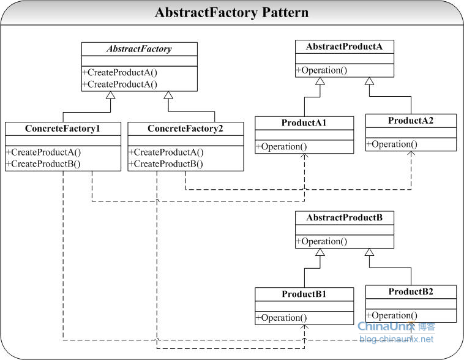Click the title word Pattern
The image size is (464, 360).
click(285, 12)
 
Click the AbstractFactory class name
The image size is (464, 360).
click(139, 49)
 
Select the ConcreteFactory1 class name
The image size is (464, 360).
click(62, 129)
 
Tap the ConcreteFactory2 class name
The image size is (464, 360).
click(185, 129)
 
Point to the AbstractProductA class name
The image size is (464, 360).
click(344, 47)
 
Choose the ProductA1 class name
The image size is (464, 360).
click(304, 122)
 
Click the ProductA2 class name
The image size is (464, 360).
click(411, 121)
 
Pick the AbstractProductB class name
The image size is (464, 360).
click(345, 217)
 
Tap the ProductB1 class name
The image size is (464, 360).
click(304, 294)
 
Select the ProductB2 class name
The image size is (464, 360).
click(411, 291)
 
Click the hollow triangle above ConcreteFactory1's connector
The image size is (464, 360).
click(111, 95)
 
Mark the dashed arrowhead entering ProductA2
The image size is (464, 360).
click(411, 153)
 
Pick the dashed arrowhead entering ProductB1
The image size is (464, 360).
click(304, 327)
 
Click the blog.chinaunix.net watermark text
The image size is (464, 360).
click(396, 339)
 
